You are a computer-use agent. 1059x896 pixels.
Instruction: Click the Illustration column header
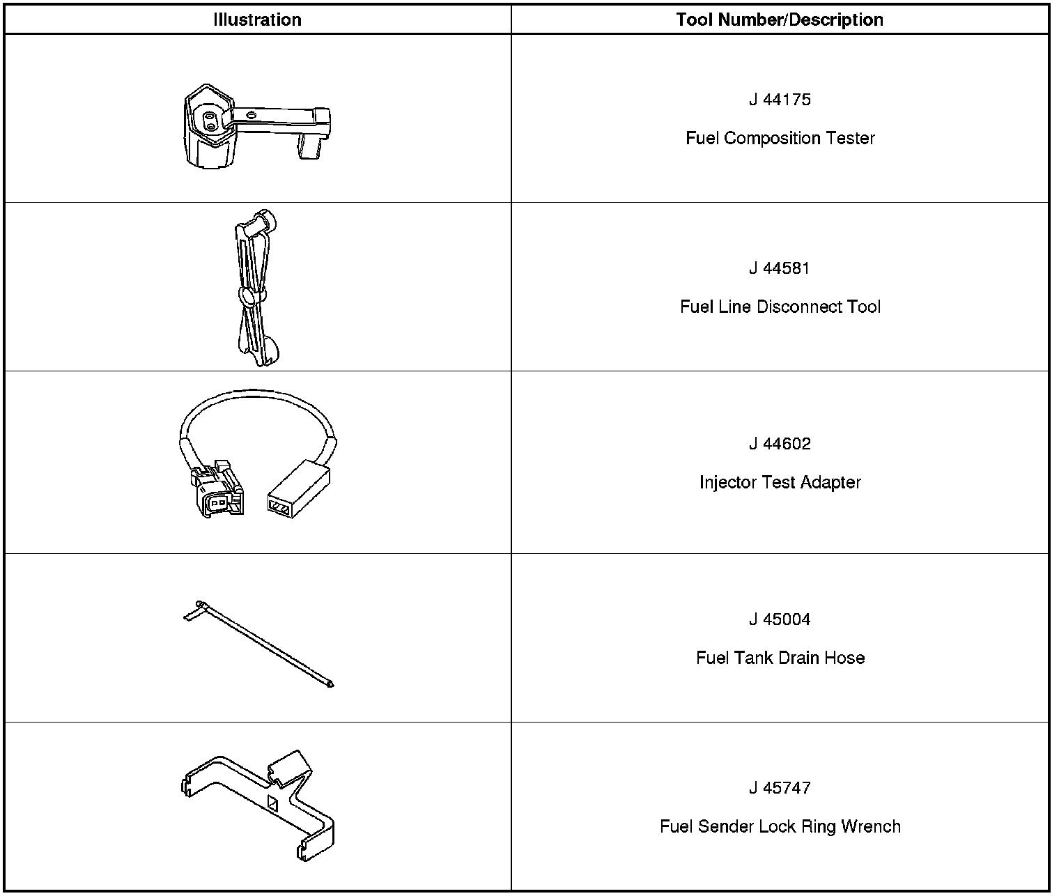pyautogui.click(x=257, y=20)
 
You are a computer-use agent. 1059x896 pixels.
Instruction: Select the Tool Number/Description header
pyautogui.click(x=780, y=20)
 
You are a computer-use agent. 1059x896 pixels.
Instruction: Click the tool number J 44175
pyautogui.click(x=780, y=100)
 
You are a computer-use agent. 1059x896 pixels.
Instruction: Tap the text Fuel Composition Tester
pyautogui.click(x=780, y=138)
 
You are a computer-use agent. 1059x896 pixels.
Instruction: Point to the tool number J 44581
pyautogui.click(x=780, y=268)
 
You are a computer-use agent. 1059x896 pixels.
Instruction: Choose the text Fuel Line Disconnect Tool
pyautogui.click(x=780, y=307)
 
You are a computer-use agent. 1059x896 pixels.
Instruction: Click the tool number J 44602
pyautogui.click(x=780, y=444)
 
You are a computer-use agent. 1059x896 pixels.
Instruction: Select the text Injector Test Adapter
pyautogui.click(x=780, y=482)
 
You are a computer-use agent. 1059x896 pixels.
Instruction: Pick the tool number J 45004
pyautogui.click(x=780, y=619)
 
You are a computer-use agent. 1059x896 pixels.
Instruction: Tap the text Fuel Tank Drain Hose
pyautogui.click(x=780, y=658)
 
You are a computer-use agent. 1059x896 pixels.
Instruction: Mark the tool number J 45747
pyautogui.click(x=780, y=788)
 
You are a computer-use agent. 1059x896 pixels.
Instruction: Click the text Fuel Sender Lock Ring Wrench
pyautogui.click(x=780, y=826)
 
